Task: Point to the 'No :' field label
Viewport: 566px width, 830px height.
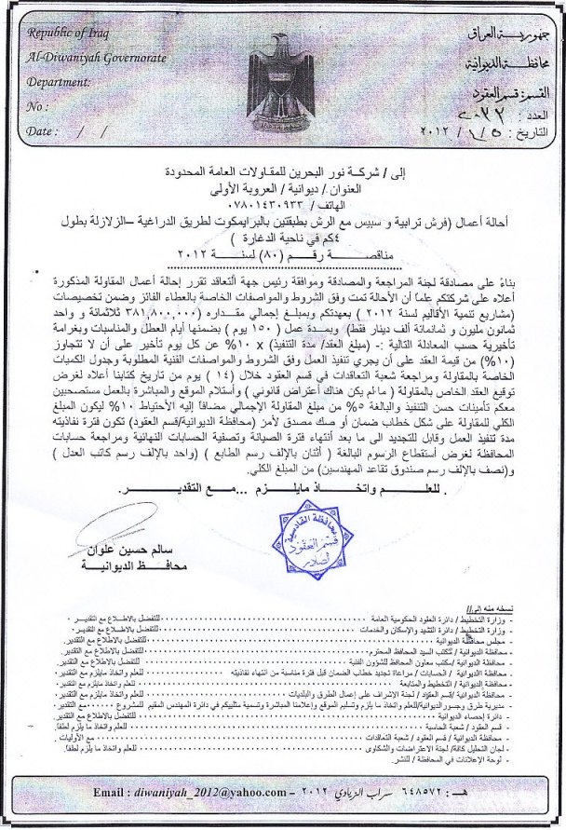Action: click(39, 107)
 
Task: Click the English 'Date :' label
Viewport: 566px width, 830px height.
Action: click(43, 131)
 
